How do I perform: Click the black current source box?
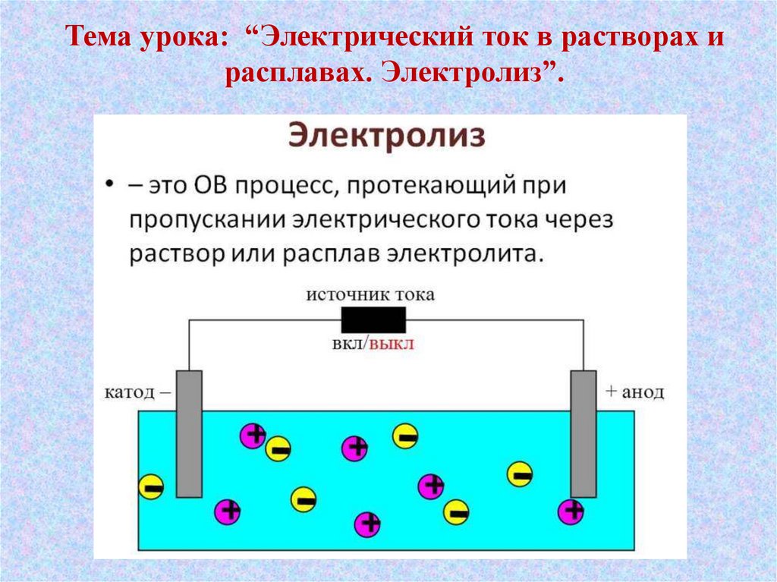tap(373, 320)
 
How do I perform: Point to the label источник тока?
tap(370, 294)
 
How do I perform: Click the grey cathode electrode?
tap(189, 433)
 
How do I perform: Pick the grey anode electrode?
tap(584, 433)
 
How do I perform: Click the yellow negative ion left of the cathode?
tap(152, 486)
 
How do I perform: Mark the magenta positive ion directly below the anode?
tap(571, 511)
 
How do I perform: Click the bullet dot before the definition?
tap(110, 185)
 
